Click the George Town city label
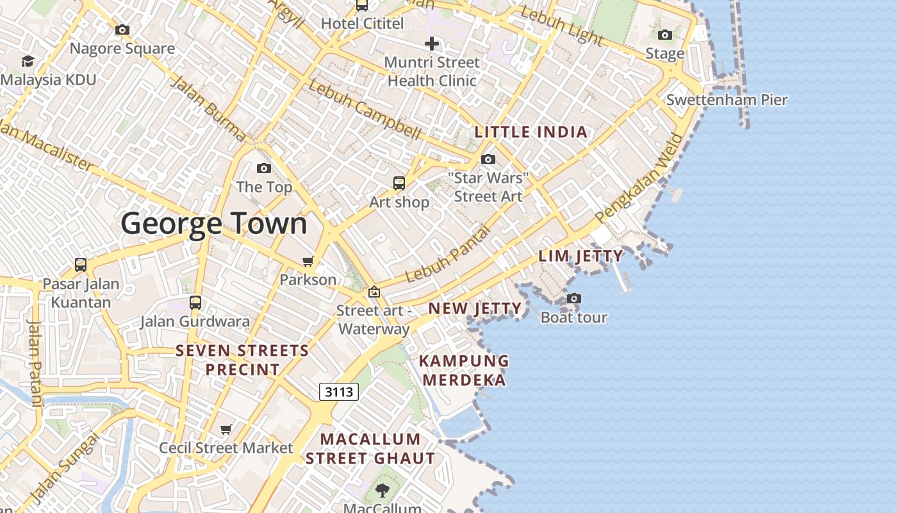214,223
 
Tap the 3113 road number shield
338,391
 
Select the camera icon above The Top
263,169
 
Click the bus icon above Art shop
399,183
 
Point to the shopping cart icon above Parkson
308,261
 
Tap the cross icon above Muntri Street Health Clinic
432,44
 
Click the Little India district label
531,132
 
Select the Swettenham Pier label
727,100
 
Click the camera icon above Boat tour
574,298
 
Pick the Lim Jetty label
580,256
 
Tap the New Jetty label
475,308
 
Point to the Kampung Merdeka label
464,370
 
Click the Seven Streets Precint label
242,360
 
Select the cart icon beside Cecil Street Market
226,429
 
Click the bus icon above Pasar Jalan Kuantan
81,264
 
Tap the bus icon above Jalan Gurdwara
195,302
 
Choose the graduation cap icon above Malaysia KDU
28,61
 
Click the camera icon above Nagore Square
122,29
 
